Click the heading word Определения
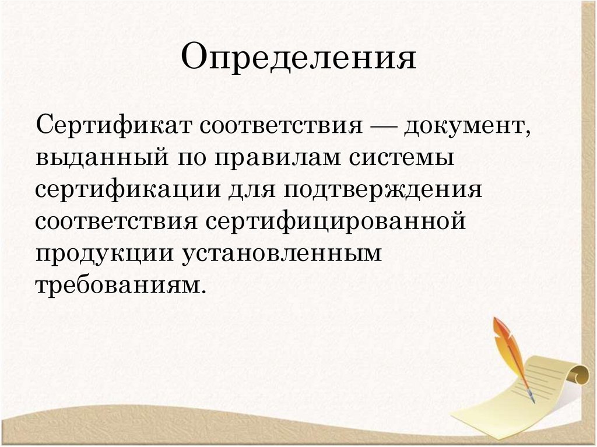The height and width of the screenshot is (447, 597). coord(298,59)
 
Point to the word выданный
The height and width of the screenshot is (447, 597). coord(97,159)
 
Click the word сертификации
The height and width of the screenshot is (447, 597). coord(129,191)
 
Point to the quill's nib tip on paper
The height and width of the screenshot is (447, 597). coord(532,401)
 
